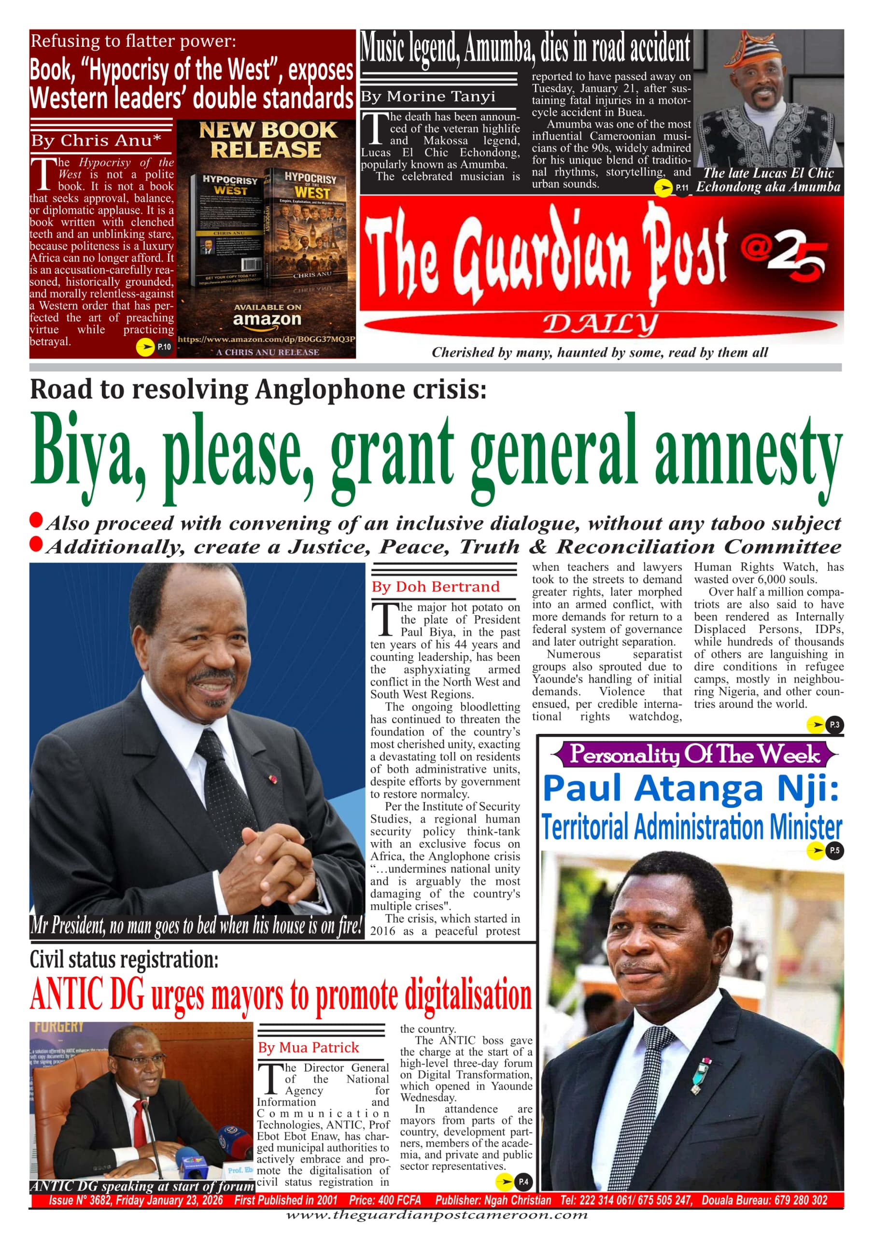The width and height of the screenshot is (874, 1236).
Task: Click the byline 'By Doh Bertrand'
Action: click(435, 587)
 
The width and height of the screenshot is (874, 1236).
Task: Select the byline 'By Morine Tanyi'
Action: click(427, 97)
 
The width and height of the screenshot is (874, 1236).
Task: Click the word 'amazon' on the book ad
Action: click(267, 319)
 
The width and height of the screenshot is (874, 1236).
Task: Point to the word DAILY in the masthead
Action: click(600, 324)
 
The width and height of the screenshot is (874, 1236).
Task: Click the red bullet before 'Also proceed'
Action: click(36, 520)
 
